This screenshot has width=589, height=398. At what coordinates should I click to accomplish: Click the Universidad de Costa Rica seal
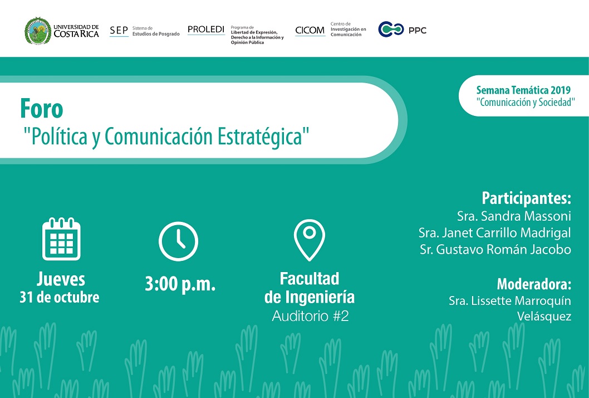pos(37,31)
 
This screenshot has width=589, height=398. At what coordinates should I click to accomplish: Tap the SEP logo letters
pos(119,31)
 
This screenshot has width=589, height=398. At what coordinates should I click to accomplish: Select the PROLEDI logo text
pos(206,30)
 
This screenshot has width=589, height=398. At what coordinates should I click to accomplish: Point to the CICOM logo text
pos(310,30)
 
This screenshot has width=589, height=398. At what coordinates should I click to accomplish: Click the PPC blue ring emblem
pos(391,30)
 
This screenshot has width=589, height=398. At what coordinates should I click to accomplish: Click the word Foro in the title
pos(42,109)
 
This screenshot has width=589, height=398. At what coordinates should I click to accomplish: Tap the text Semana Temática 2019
pos(523,90)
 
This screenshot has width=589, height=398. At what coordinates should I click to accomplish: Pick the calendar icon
pos(61,239)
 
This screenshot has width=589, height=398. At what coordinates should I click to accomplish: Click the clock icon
pos(179,241)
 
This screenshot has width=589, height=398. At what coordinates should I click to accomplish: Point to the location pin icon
pos(309,240)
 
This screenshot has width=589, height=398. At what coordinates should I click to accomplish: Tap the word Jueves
pos(61,279)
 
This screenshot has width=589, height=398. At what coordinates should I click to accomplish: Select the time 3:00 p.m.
pos(180,284)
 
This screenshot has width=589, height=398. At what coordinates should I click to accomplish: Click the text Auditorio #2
pos(310,316)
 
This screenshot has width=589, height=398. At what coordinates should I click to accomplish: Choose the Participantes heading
pos(526,198)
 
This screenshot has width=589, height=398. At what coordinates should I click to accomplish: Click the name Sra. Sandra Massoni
pos(514,216)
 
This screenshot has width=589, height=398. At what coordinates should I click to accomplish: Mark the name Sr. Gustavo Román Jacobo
pos(495,249)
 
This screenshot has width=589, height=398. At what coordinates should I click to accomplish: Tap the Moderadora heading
pos(534,284)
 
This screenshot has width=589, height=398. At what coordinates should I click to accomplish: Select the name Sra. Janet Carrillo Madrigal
pos(495,233)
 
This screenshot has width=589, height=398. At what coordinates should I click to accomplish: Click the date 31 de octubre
pos(60,297)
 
